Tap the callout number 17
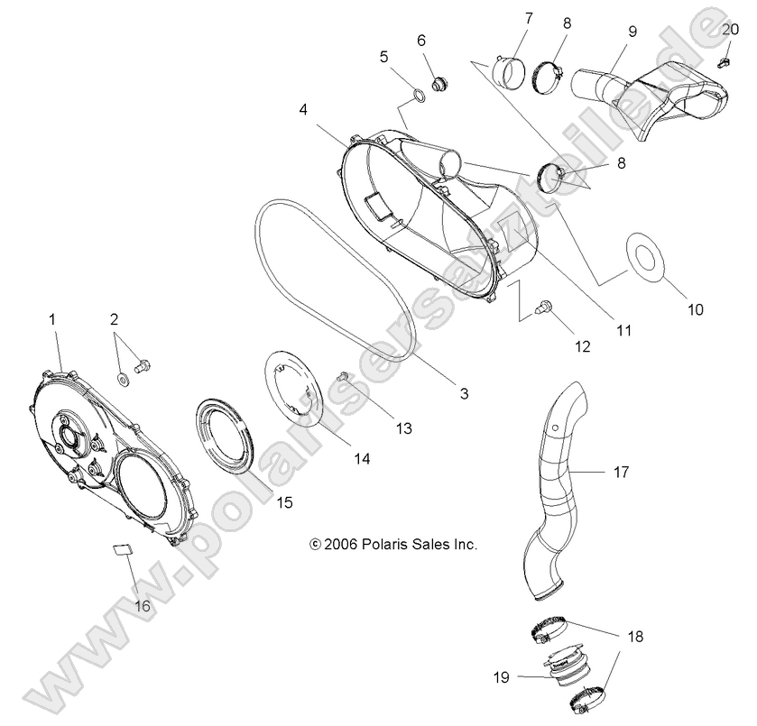coord(621,471)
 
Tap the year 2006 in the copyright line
coord(342,544)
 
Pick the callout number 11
coord(623,331)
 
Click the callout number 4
coord(304,109)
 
